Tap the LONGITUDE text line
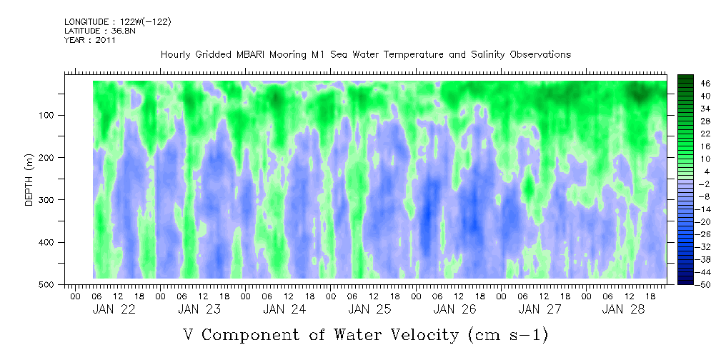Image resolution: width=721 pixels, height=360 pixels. click(x=118, y=22)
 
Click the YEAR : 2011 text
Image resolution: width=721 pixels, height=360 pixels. click(x=90, y=41)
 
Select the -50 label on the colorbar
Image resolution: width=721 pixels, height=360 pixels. click(x=705, y=284)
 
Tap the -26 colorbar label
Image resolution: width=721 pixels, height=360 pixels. click(x=705, y=234)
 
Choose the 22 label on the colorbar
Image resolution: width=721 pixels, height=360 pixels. click(x=705, y=134)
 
